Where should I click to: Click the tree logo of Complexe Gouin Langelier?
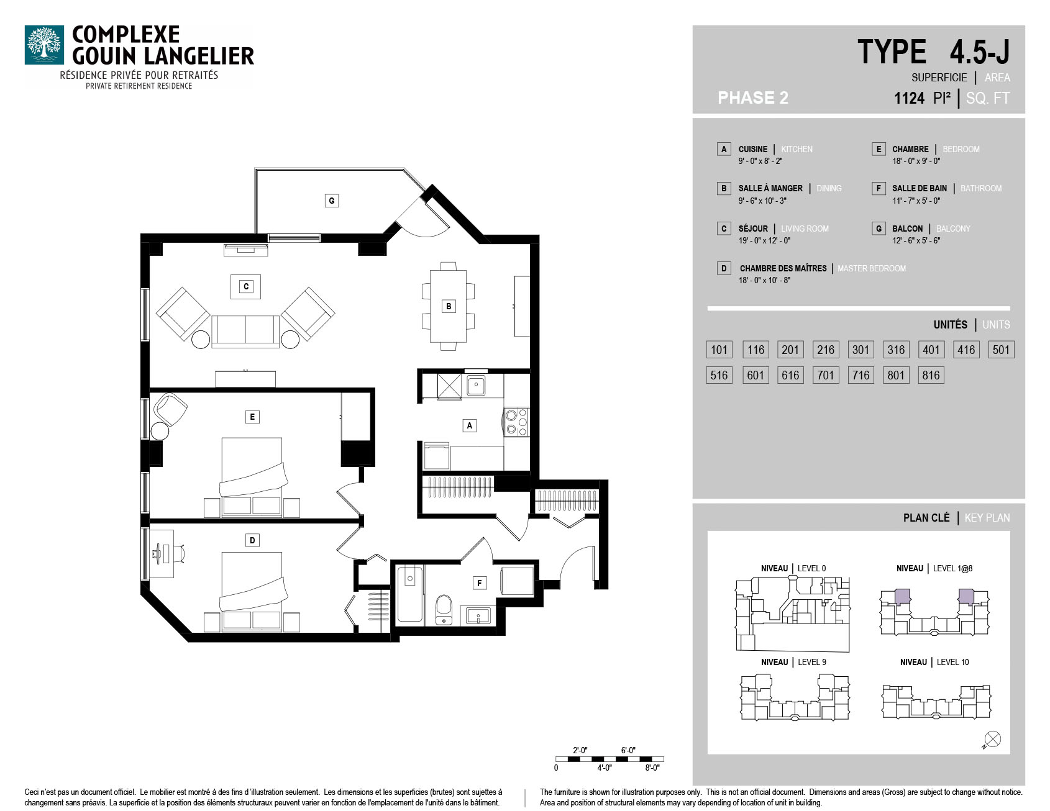[44, 45]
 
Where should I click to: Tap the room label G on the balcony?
[332, 201]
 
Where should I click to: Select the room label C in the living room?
[246, 287]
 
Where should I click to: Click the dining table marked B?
[448, 306]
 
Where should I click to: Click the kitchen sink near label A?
[477, 385]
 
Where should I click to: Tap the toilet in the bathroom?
[444, 609]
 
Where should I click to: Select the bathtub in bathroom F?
[410, 594]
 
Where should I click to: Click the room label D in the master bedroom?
[252, 540]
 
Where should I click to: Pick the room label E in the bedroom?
[252, 417]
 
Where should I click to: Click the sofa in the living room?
[245, 331]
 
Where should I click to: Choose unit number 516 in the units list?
[719, 375]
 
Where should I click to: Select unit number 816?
[931, 375]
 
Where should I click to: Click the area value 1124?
[910, 98]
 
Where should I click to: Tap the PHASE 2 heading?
[753, 98]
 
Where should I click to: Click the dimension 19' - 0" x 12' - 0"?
[764, 240]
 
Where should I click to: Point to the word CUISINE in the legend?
[753, 149]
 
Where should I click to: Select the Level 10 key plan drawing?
[936, 702]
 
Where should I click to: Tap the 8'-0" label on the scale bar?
[652, 768]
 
